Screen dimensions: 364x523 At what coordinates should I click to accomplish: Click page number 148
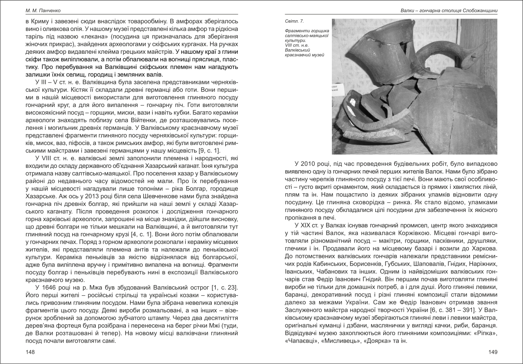coord(30,352)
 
